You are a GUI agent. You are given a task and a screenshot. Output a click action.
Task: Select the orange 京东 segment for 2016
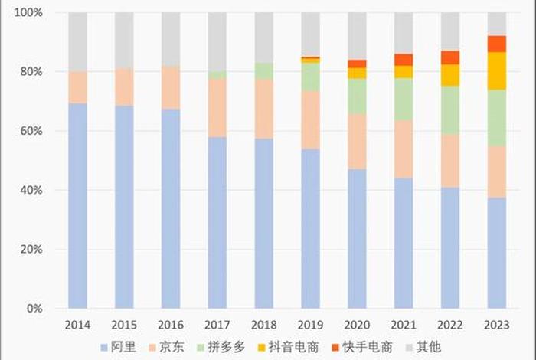pos(171,87)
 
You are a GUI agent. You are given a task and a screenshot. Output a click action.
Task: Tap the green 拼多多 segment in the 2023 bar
pos(497,118)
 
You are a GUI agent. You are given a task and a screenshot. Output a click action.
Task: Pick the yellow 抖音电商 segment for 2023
pos(497,71)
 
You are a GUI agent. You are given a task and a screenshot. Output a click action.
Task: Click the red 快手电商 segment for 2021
pos(404,60)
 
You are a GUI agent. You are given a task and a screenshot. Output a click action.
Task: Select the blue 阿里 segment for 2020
pos(357,238)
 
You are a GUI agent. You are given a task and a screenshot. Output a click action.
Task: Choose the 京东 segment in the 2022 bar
pos(450,161)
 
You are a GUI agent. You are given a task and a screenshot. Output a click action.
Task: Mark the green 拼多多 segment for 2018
pos(264,70)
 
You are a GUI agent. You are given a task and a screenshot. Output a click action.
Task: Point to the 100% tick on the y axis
pos(30,13)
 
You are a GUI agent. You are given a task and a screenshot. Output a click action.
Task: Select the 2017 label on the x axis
pos(217,324)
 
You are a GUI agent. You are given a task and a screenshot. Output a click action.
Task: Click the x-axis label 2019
pos(310,324)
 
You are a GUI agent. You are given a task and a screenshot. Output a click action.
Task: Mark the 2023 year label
pos(497,324)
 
